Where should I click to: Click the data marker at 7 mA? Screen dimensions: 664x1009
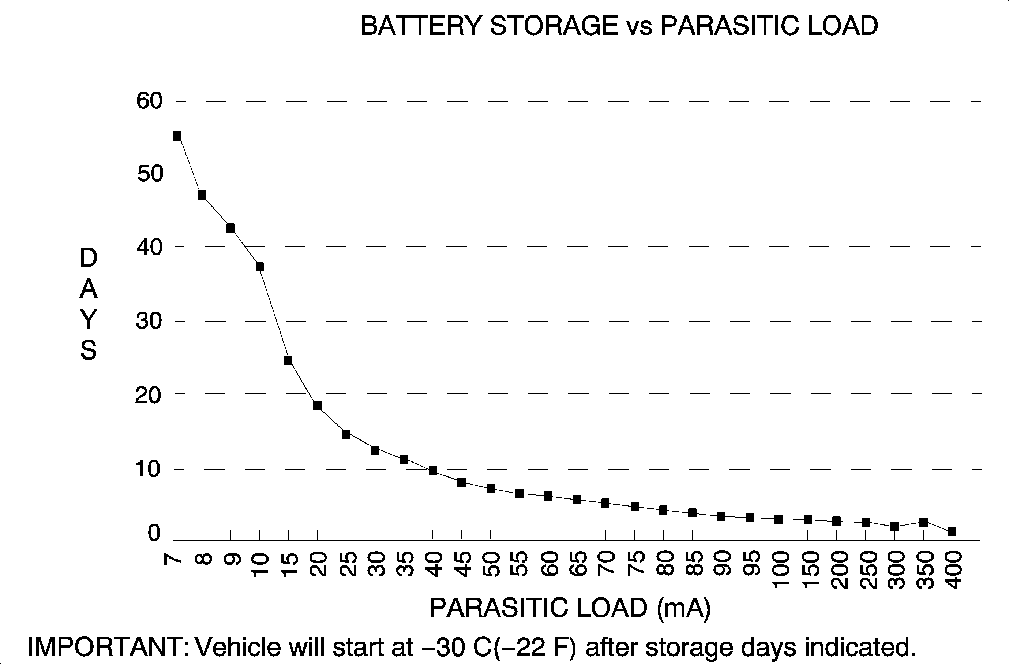tap(177, 136)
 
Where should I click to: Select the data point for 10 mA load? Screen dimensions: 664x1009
tap(259, 267)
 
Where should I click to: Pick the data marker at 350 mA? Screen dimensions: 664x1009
tap(923, 522)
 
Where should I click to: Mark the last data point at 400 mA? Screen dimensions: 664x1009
tap(952, 531)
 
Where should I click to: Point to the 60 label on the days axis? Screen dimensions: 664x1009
tap(149, 101)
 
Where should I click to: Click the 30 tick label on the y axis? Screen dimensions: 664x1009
tap(149, 321)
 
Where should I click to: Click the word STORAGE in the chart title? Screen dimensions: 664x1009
tap(554, 26)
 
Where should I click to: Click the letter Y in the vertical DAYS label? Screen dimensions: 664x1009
tap(89, 319)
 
